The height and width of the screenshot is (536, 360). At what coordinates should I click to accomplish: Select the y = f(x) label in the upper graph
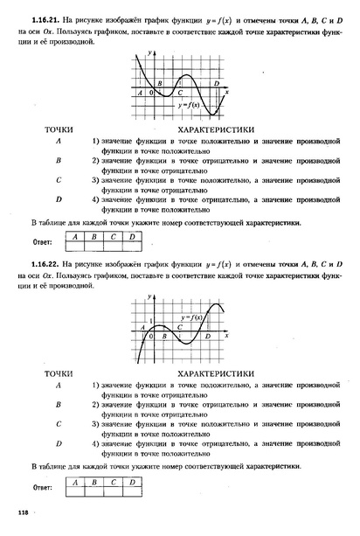(188, 106)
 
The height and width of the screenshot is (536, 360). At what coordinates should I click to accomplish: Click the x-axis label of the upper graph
(227, 91)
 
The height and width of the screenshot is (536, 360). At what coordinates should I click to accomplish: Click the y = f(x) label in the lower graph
(191, 317)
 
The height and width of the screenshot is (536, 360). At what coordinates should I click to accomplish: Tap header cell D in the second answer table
(132, 482)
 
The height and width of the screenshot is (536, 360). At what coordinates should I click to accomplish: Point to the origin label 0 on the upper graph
(151, 92)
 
